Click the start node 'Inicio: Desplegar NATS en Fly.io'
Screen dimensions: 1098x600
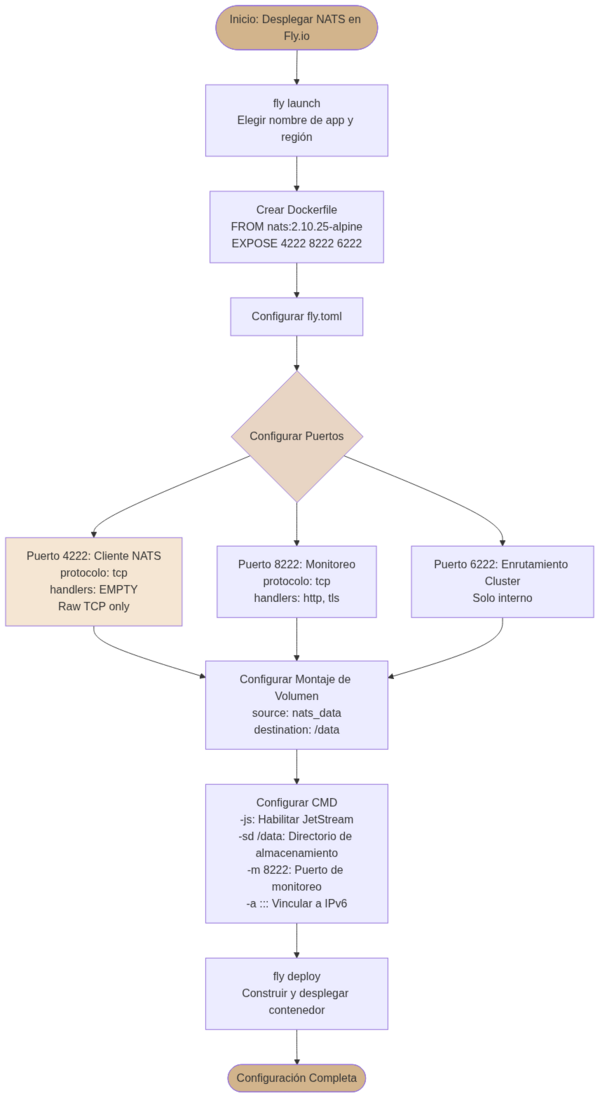coord(296,27)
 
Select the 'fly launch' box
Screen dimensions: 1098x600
coord(296,120)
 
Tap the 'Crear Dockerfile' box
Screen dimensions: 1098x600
coord(296,227)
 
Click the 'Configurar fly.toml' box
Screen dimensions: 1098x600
coord(296,316)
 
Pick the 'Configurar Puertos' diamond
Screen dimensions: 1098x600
coord(296,436)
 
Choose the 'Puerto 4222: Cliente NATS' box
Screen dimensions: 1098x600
coord(94,581)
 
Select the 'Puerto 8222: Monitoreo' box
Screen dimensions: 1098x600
coord(296,581)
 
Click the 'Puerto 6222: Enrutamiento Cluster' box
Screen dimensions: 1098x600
coord(502,581)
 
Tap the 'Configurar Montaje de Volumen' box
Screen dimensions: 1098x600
coord(296,704)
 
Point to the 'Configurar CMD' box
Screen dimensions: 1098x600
coord(296,853)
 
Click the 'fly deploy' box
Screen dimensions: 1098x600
coord(296,993)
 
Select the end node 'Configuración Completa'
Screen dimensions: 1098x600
coord(296,1077)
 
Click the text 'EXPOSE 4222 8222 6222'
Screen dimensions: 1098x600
coord(296,243)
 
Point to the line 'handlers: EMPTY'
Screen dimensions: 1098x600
coord(94,589)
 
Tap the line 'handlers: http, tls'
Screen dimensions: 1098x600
coord(296,598)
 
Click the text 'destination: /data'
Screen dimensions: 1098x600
coord(296,730)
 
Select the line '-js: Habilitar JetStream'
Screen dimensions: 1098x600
coord(296,819)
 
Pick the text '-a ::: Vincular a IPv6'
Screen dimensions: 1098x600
coord(296,904)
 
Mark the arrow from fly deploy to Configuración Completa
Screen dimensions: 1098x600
coord(296,1047)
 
